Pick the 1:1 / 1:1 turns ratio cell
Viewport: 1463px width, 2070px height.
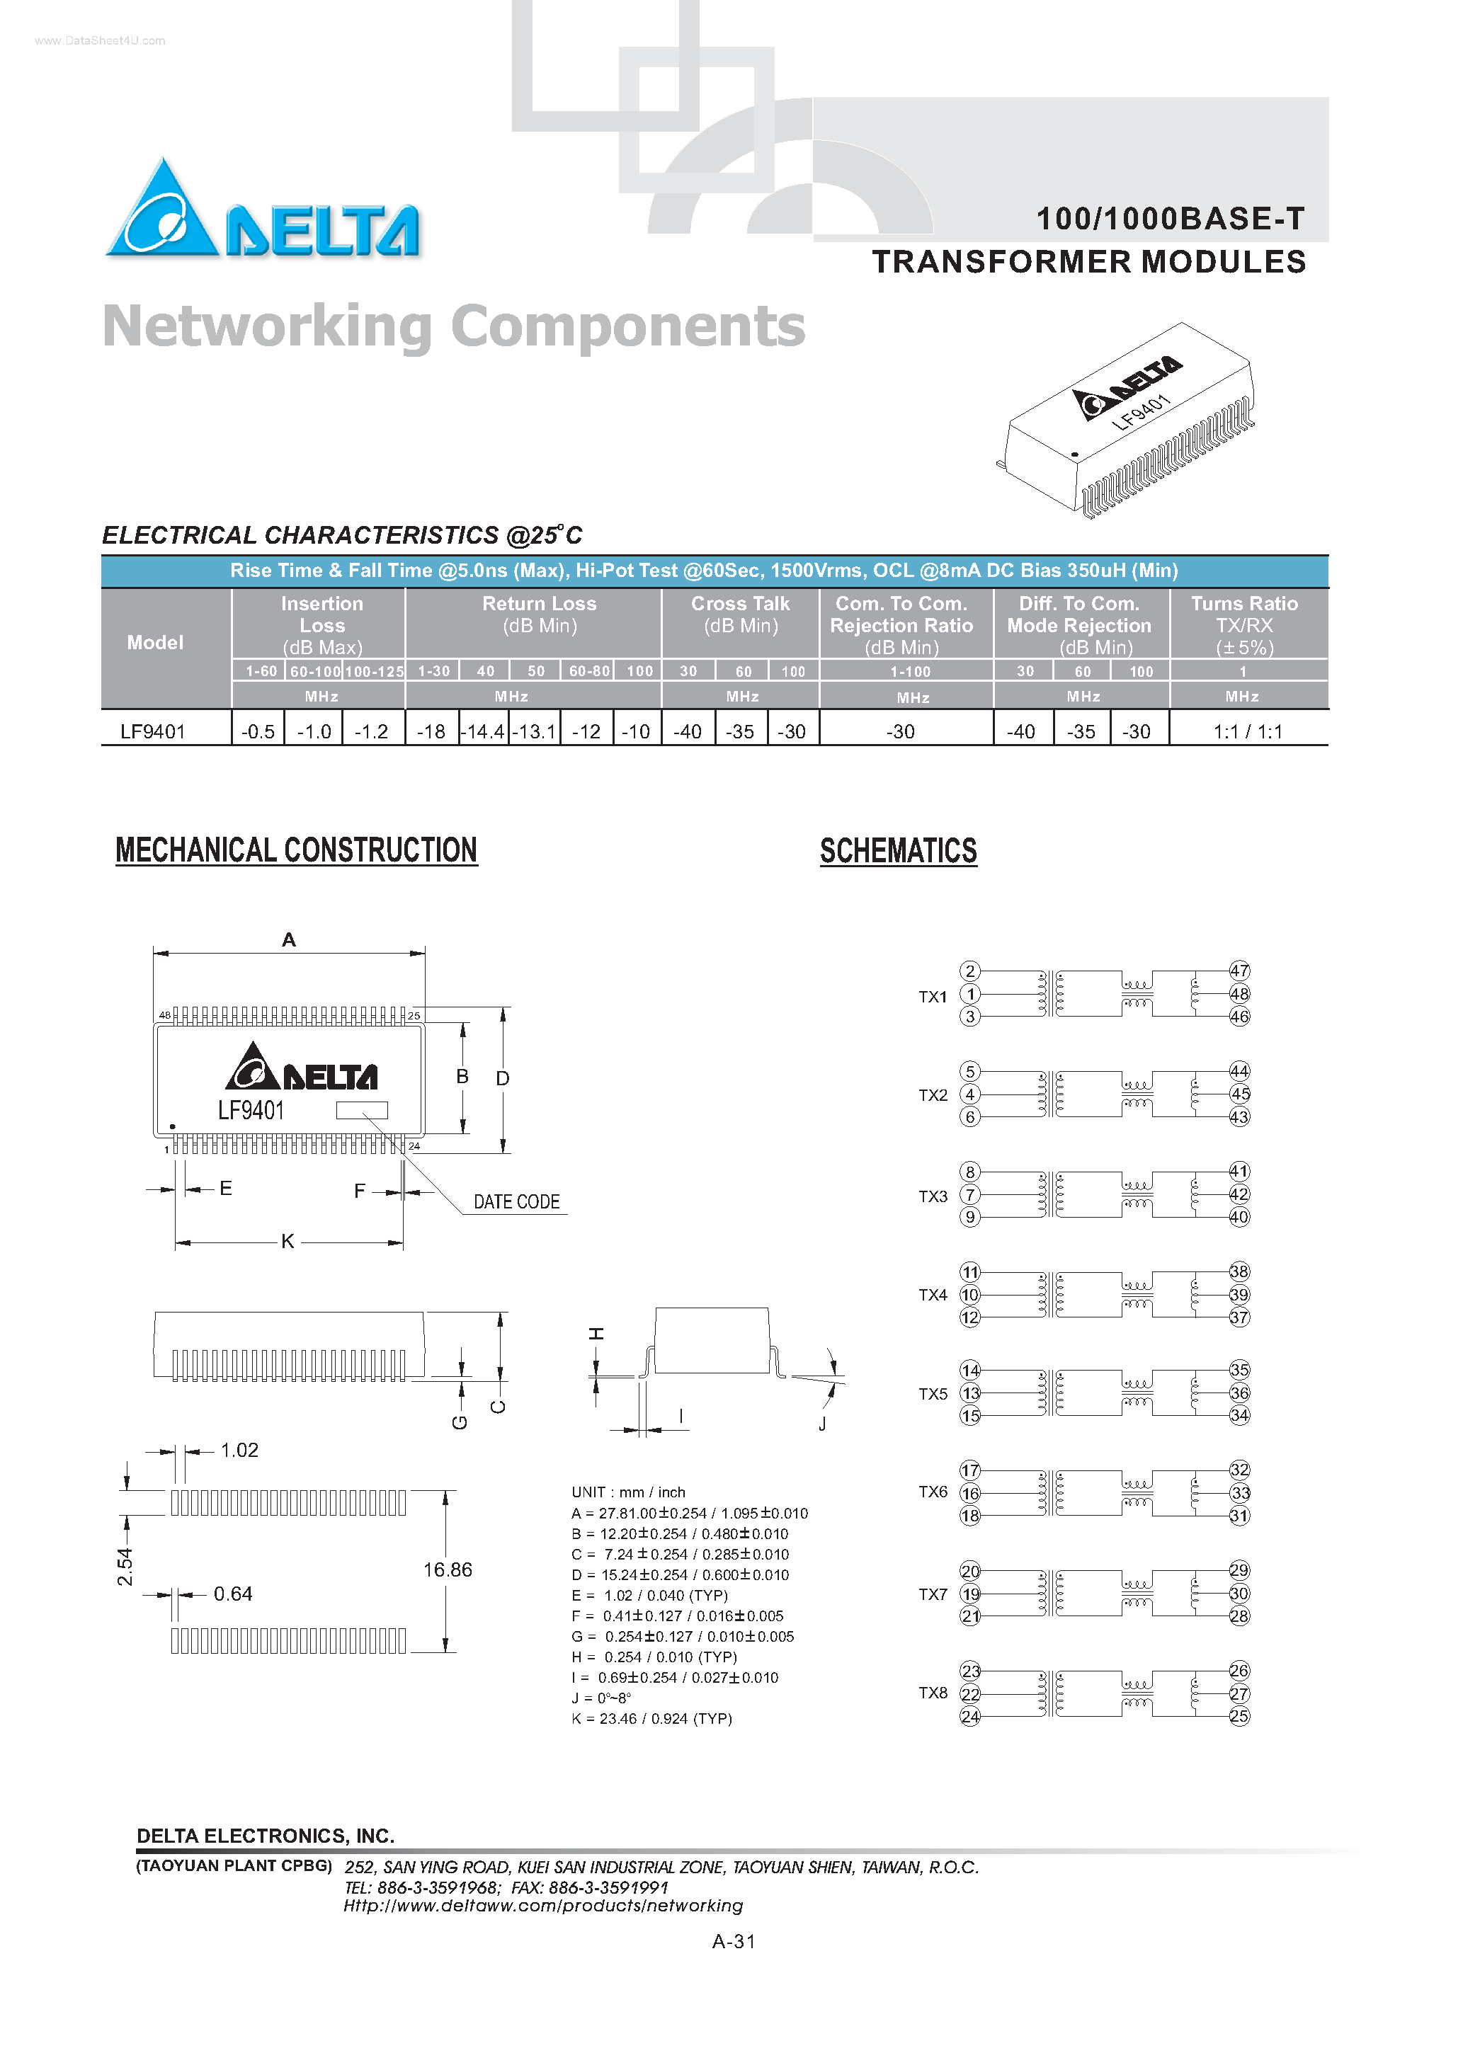(1248, 731)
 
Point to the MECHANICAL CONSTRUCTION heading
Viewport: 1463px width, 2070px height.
(296, 850)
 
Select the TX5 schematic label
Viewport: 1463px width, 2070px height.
(933, 1394)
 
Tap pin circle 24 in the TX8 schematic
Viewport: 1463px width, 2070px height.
(969, 1717)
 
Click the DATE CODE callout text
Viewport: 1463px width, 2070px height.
(516, 1202)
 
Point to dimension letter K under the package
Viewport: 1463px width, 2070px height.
(288, 1242)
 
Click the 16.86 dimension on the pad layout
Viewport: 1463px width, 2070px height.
(448, 1569)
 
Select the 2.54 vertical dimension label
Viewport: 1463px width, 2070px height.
(125, 1567)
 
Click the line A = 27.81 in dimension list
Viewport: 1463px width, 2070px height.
(689, 1513)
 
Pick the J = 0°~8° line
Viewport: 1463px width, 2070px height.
(602, 1698)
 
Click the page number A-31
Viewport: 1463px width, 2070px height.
(734, 1941)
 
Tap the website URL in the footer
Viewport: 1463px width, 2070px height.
(543, 1905)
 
